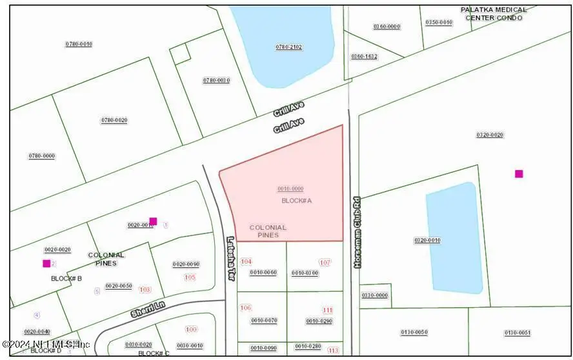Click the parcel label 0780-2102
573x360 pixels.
tap(288, 47)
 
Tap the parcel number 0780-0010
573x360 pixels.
tap(78, 44)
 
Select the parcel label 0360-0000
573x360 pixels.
tap(387, 26)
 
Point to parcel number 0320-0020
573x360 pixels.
tap(490, 135)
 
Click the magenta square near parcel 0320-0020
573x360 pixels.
tap(519, 174)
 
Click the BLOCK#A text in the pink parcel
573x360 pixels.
tap(297, 201)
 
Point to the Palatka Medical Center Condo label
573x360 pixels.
tap(494, 14)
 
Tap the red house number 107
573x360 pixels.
tap(325, 263)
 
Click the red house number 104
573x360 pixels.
tap(246, 261)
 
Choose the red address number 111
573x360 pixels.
tap(328, 310)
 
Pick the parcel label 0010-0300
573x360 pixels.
tap(305, 273)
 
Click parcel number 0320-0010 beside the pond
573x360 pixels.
tap(427, 240)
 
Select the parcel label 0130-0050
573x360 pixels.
tap(414, 332)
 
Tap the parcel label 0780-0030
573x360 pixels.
tap(216, 80)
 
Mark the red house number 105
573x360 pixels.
tap(189, 277)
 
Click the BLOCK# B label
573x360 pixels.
tap(66, 278)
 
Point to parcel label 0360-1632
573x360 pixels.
tap(364, 56)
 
